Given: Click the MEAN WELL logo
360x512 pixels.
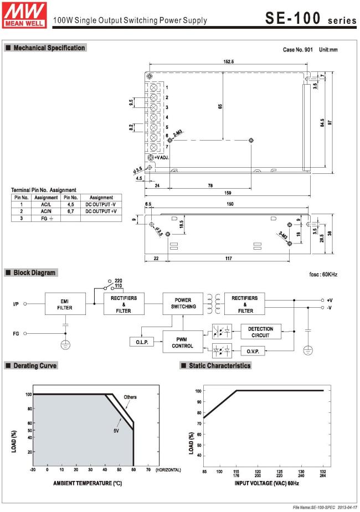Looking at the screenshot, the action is pos(24,15).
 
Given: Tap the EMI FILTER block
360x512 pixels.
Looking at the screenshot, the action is pos(65,304).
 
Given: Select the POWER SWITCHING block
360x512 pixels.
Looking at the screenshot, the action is pos(183,304).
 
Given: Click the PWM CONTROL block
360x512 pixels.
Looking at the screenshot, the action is pos(183,342).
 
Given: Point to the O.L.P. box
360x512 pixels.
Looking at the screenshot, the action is pos(142,342).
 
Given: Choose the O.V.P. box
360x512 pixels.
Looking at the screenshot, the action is pos(253,351).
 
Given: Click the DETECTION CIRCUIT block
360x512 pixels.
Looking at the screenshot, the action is pos(261,332).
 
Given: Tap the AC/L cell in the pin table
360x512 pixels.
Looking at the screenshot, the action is pos(46,204).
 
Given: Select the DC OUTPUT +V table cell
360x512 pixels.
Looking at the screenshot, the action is pos(101,211).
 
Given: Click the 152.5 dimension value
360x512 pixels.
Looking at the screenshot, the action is pos(229,61).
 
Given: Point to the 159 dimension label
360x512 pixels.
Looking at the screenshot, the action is pos(228,193).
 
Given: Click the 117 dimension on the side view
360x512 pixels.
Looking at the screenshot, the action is pos(229,258).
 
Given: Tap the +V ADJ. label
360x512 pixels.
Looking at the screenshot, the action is pos(162,158).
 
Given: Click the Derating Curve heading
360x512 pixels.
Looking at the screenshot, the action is pos(35,366).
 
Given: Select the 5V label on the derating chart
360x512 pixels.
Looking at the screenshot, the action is pos(116,431).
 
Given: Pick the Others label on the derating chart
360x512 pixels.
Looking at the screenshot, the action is pos(130,397).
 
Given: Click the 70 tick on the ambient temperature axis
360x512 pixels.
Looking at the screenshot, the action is pos(148,469).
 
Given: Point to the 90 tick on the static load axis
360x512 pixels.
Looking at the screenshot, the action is pos(199,402).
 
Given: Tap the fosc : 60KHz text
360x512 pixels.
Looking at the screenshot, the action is pos(323,275).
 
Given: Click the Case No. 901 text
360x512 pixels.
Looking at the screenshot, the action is pos(297,50).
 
